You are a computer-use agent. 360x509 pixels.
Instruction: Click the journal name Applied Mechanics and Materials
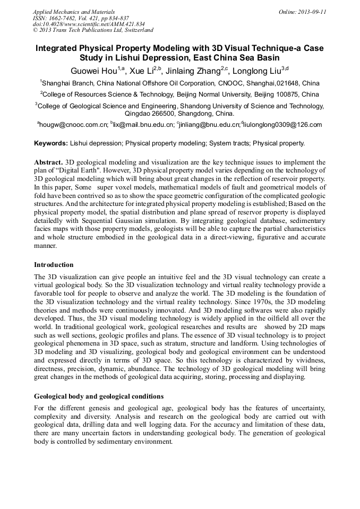tap(74, 12)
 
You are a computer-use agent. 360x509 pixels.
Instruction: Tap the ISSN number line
tap(81, 18)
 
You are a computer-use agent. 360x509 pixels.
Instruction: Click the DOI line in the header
tap(89, 24)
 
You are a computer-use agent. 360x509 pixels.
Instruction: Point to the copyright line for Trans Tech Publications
tap(93, 31)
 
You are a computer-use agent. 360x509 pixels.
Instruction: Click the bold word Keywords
tap(51, 143)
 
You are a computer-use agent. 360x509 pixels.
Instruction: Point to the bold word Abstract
tap(48, 161)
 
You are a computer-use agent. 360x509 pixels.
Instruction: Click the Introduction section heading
tap(54, 264)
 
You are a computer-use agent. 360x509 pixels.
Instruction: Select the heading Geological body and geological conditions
tap(99, 396)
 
